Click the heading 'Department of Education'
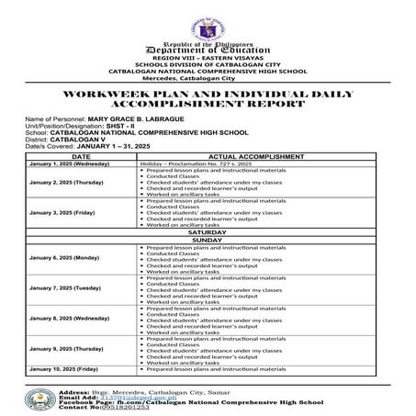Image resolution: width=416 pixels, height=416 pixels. (207, 50)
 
